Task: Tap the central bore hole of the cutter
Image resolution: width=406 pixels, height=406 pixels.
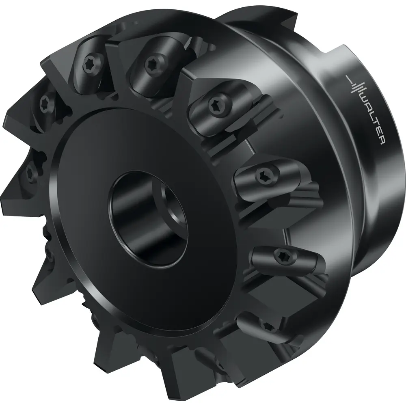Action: click(x=148, y=218)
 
